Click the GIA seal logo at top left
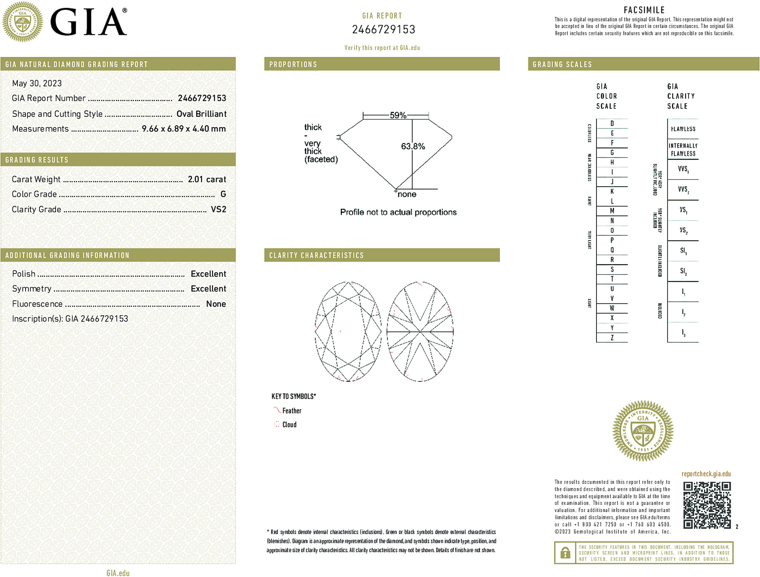pyautogui.click(x=23, y=22)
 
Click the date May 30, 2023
pyautogui.click(x=37, y=84)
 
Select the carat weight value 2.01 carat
pyautogui.click(x=207, y=179)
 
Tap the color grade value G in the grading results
pyautogui.click(x=223, y=194)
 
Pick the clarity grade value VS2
pyautogui.click(x=218, y=209)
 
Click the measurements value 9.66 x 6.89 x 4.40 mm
pyautogui.click(x=183, y=129)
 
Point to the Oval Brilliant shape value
pyautogui.click(x=201, y=114)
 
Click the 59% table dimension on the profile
pyautogui.click(x=398, y=115)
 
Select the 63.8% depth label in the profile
pyautogui.click(x=413, y=146)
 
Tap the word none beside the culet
pyautogui.click(x=407, y=194)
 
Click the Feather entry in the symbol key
pyautogui.click(x=291, y=411)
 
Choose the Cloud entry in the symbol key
pyautogui.click(x=289, y=424)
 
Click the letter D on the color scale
pyautogui.click(x=612, y=123)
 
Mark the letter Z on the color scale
pyautogui.click(x=612, y=338)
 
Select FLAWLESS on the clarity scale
pyautogui.click(x=683, y=129)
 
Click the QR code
pyautogui.click(x=706, y=505)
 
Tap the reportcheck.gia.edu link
pyautogui.click(x=706, y=474)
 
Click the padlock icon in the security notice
pyautogui.click(x=565, y=553)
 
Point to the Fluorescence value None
pyautogui.click(x=216, y=304)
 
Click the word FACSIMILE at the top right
pyautogui.click(x=644, y=10)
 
